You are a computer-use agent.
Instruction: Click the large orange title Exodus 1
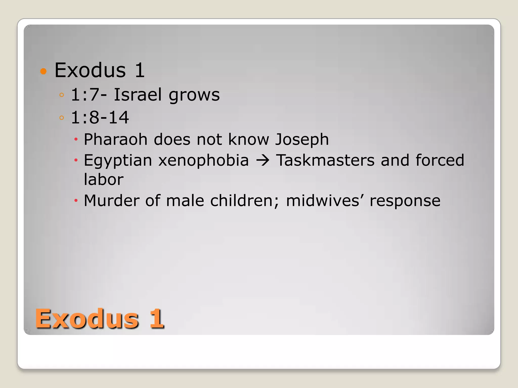point(99,319)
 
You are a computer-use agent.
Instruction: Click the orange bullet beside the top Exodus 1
point(44,71)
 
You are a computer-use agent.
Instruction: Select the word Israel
point(138,95)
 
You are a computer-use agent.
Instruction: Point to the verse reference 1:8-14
point(100,117)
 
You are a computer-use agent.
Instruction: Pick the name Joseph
point(302,140)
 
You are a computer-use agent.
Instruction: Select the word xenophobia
point(204,160)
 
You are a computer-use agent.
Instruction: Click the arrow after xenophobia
point(263,161)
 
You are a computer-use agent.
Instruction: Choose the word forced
point(440,160)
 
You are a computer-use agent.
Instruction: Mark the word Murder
point(111,201)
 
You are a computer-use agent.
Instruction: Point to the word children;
point(245,201)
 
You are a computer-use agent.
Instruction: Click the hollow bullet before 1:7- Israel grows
point(61,95)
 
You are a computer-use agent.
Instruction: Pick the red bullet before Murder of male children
point(76,201)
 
